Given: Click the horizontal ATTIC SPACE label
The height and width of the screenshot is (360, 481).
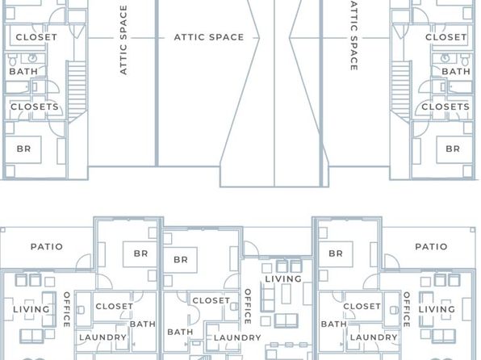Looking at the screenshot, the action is [209, 37].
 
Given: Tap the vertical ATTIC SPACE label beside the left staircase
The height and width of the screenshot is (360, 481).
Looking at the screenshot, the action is [123, 40].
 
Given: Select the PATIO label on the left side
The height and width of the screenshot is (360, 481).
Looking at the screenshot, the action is [47, 247].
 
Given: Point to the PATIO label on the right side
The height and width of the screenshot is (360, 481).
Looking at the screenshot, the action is [431, 247].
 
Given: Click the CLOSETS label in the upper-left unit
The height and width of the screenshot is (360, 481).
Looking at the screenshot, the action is [35, 107].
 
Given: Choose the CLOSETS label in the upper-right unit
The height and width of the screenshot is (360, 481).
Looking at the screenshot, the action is [445, 107].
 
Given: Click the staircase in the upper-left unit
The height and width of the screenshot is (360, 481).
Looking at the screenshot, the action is [77, 91].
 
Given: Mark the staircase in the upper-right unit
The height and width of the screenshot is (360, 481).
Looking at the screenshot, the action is [401, 91].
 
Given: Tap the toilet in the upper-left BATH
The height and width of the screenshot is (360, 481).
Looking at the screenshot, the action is [13, 61].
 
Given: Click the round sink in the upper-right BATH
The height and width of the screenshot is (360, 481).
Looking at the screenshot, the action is [445, 57].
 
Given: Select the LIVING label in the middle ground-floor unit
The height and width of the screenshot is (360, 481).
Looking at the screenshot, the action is [283, 279].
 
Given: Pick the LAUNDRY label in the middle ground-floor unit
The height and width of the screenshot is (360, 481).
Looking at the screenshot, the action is [237, 338].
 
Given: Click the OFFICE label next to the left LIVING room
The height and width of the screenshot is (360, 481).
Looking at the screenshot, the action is [66, 309].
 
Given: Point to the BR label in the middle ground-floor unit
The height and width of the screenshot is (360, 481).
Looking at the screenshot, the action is [181, 260].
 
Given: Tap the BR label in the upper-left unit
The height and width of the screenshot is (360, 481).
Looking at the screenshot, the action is [23, 149].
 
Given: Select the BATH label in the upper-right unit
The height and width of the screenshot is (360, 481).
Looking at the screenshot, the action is [456, 72].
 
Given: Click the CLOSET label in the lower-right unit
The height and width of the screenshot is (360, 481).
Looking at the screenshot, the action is [362, 306].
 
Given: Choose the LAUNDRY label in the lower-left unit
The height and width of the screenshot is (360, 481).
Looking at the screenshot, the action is [102, 337].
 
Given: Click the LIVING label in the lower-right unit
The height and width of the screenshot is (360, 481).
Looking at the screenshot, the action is [437, 309].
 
